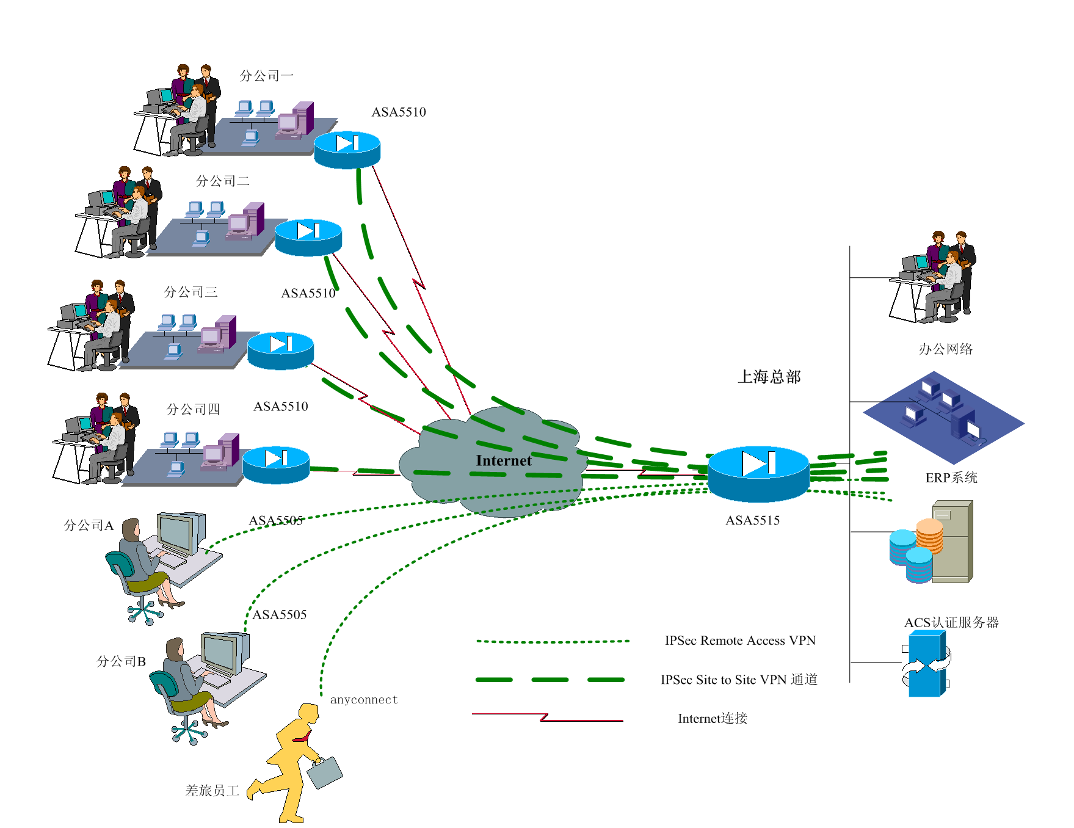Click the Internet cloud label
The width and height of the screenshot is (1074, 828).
tap(504, 460)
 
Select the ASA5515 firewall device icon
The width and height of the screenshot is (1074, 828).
tap(758, 474)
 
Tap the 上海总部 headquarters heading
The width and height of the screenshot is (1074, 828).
tap(769, 377)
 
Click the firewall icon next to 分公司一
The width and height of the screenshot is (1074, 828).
tap(347, 150)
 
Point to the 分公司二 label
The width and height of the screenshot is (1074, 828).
tap(222, 181)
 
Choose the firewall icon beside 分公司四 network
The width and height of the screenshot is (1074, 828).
tap(276, 465)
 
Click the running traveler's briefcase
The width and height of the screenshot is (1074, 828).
tap(324, 772)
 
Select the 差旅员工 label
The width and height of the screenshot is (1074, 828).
tap(212, 791)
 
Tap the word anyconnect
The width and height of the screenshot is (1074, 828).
tap(364, 700)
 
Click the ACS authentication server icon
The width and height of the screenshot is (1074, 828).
tap(926, 664)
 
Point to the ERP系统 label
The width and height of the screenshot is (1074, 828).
tap(951, 478)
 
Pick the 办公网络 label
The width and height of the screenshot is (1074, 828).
tap(946, 349)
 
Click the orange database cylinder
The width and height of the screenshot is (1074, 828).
tap(929, 536)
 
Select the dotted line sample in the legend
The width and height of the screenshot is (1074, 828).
tap(553, 642)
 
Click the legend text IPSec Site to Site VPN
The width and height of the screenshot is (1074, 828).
tap(724, 680)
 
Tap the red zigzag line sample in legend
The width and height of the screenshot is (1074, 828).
tap(547, 717)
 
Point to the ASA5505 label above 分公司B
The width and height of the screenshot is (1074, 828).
tap(280, 614)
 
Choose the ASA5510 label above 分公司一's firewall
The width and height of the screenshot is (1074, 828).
tap(399, 112)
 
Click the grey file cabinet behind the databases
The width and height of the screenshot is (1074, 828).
tap(952, 542)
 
